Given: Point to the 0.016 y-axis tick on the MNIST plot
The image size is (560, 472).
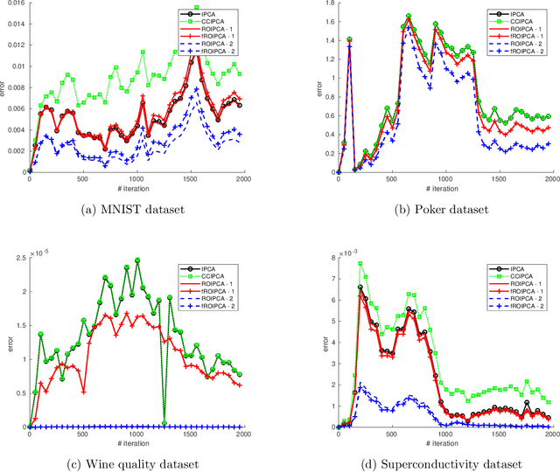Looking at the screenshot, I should tap(15, 6).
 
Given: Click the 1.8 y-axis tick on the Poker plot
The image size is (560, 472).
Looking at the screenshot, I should tap(325, 6).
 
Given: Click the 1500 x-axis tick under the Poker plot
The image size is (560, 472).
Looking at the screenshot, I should tap(498, 179).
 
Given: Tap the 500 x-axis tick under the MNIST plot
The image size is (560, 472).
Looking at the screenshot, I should tap(82, 179).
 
